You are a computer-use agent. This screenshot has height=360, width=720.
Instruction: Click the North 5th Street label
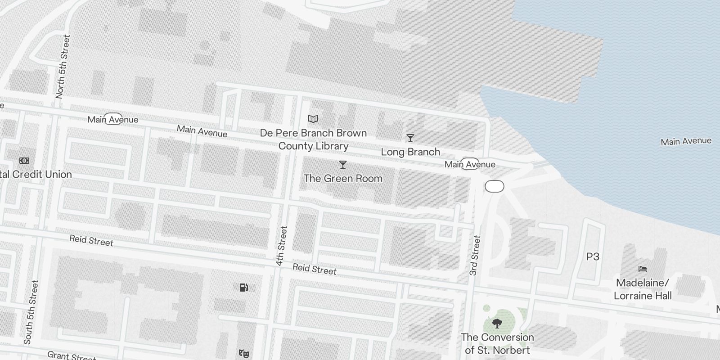pyautogui.click(x=63, y=67)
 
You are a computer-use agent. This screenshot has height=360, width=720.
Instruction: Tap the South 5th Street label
pyautogui.click(x=31, y=312)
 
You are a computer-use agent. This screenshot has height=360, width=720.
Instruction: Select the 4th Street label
pyautogui.click(x=282, y=246)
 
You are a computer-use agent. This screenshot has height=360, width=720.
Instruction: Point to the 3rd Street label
pyautogui.click(x=475, y=256)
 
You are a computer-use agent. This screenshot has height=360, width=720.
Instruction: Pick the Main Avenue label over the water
pyautogui.click(x=686, y=141)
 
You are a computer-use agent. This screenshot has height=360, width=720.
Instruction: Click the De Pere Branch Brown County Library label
pyautogui.click(x=313, y=139)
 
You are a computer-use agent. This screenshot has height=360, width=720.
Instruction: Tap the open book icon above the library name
pyautogui.click(x=313, y=119)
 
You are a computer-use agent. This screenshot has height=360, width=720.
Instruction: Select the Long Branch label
pyautogui.click(x=410, y=152)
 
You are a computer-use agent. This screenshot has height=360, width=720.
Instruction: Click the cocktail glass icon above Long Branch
pyautogui.click(x=410, y=138)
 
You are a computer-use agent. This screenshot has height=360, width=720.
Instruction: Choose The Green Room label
pyautogui.click(x=343, y=178)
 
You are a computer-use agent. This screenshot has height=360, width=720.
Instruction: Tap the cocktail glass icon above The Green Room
pyautogui.click(x=343, y=165)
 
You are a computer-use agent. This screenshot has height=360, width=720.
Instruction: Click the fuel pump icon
pyautogui.click(x=243, y=287)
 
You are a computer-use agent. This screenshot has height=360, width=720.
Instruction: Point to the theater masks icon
pyautogui.click(x=244, y=354)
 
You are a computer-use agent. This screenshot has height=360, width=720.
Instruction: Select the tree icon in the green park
pyautogui.click(x=497, y=323)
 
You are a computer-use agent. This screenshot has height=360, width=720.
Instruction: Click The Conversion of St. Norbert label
pyautogui.click(x=497, y=343)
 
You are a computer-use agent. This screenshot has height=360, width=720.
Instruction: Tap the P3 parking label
pyautogui.click(x=593, y=256)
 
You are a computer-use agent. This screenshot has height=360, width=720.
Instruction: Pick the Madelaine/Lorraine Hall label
pyautogui.click(x=643, y=289)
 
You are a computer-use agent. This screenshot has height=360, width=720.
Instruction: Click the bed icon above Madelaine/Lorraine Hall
pyautogui.click(x=643, y=269)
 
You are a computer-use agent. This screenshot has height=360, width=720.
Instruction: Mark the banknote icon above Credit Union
pyautogui.click(x=24, y=161)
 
